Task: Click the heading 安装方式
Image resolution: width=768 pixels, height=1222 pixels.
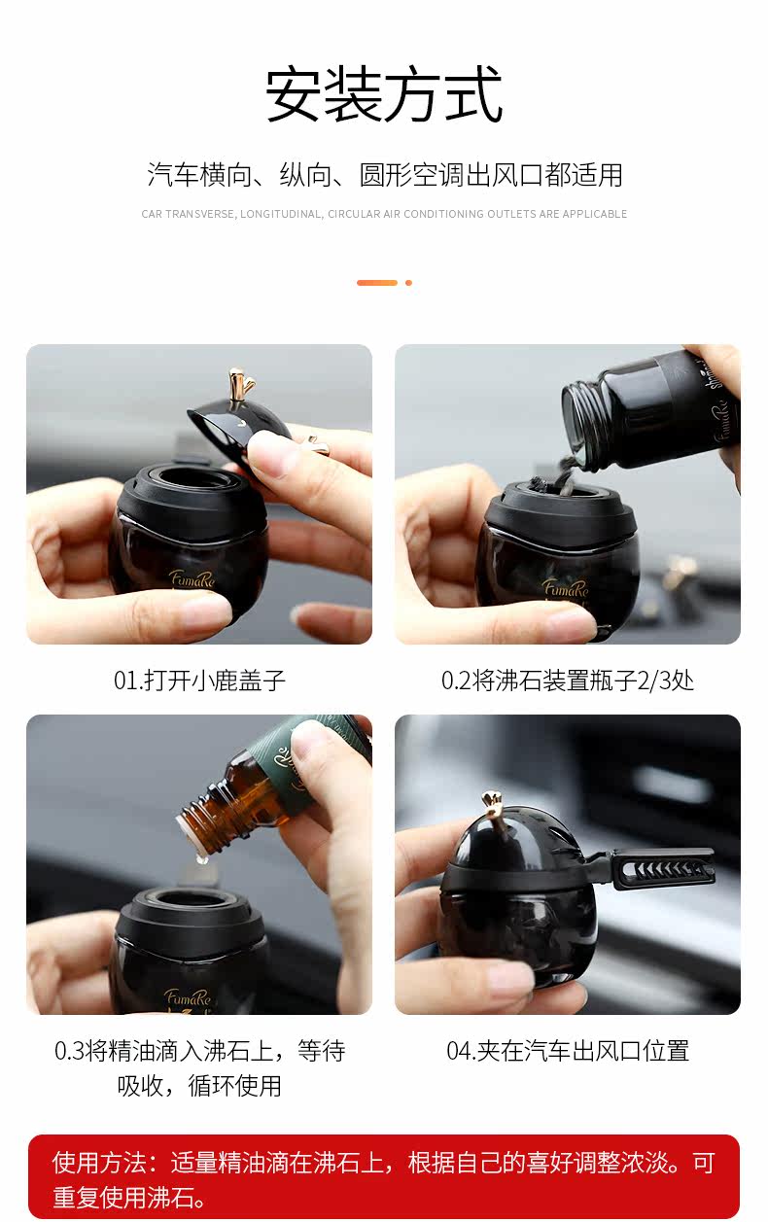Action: [383, 94]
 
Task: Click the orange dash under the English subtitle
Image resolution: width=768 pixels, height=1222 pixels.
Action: [377, 283]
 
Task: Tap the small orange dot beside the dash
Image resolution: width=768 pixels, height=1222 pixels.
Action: [408, 283]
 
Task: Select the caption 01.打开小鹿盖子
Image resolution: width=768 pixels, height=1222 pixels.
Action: [199, 681]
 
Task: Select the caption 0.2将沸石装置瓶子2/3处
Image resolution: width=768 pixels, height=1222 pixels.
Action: [568, 681]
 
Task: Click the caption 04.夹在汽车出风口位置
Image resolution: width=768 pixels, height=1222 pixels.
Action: [568, 1051]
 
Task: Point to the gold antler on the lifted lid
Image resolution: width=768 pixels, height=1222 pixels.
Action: [240, 385]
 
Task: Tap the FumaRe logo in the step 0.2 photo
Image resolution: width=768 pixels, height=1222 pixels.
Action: [565, 587]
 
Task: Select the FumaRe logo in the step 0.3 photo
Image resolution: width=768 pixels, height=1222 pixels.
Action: [187, 997]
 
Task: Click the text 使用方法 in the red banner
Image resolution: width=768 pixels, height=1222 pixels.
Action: [99, 1163]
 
